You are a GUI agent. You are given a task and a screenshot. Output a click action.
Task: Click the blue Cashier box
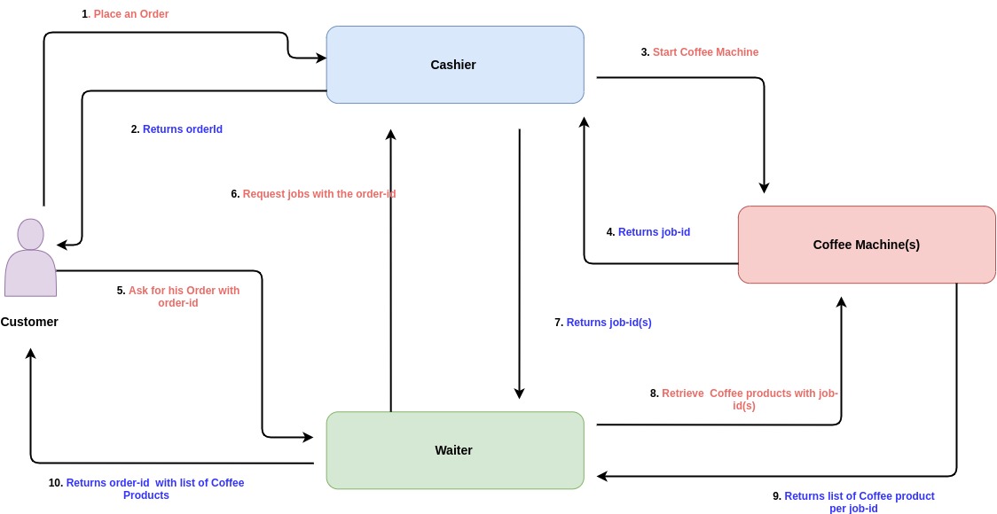pos(454,65)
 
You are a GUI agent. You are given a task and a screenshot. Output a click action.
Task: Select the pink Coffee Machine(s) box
pos(866,245)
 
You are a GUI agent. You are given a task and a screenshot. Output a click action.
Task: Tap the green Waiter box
pos(454,450)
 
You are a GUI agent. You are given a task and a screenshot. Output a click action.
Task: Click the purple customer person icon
pos(30,258)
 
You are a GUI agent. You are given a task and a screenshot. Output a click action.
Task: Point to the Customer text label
pos(29,322)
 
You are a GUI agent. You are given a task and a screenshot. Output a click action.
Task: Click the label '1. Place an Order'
pos(125,14)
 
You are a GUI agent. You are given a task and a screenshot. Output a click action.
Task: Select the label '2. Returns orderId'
pos(177,129)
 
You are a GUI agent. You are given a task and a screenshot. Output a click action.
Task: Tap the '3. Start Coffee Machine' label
pos(699,52)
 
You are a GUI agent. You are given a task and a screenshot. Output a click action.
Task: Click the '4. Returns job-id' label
pos(648,232)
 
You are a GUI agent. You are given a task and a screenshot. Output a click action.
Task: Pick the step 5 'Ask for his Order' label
pos(178,296)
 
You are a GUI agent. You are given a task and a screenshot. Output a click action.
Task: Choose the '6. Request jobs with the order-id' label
pos(313,194)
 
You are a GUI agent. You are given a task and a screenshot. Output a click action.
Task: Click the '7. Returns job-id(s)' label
pos(603,323)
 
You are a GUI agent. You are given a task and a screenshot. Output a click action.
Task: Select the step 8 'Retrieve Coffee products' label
pos(743,399)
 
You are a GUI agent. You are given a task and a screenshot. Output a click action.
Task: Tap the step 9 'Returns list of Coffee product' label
pos(853,502)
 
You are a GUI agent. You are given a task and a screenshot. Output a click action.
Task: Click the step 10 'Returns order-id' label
pos(146,489)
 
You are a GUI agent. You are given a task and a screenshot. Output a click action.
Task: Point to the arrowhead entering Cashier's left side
pos(321,58)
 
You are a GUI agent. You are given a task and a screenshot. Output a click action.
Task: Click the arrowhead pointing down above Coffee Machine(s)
pos(764,188)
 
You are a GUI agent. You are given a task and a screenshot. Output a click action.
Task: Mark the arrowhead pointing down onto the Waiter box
pos(520,393)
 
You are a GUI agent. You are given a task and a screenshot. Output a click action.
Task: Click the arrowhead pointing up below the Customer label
pos(31,354)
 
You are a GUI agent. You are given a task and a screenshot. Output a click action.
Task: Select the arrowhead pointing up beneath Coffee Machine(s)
pos(841,302)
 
